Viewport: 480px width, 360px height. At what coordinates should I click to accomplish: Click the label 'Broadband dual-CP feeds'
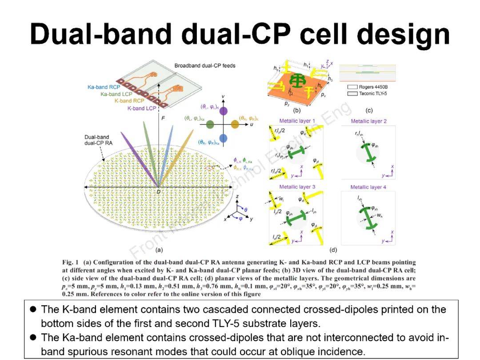[x=205, y=66]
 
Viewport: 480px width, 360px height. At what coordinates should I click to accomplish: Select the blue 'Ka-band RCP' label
[x=104, y=87]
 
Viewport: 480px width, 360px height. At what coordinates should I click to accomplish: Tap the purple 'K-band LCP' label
[x=142, y=108]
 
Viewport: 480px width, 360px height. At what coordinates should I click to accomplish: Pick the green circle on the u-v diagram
[x=211, y=125]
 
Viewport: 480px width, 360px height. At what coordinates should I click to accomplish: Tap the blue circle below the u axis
[x=224, y=138]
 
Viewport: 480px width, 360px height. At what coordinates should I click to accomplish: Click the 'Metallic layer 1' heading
[x=297, y=121]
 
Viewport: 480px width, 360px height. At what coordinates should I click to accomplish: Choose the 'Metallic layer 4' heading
[x=368, y=187]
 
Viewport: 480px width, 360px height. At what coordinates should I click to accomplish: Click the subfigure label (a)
[x=159, y=250]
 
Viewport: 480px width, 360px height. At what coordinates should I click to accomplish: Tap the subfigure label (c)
[x=369, y=110]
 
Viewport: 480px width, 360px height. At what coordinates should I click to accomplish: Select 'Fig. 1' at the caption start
[x=71, y=263]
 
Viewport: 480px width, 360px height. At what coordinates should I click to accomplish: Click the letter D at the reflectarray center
[x=158, y=191]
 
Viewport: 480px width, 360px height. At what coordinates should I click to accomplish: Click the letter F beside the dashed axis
[x=164, y=119]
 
